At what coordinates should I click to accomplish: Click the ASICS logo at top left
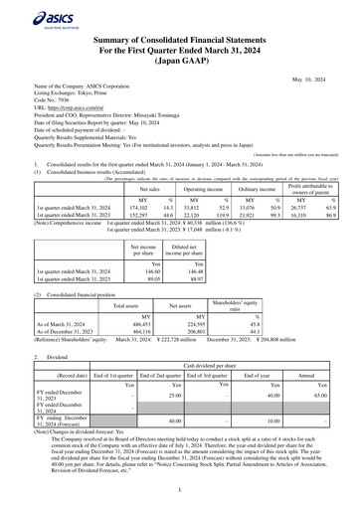(x=34, y=17)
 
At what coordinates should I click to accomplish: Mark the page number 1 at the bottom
(x=180, y=490)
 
